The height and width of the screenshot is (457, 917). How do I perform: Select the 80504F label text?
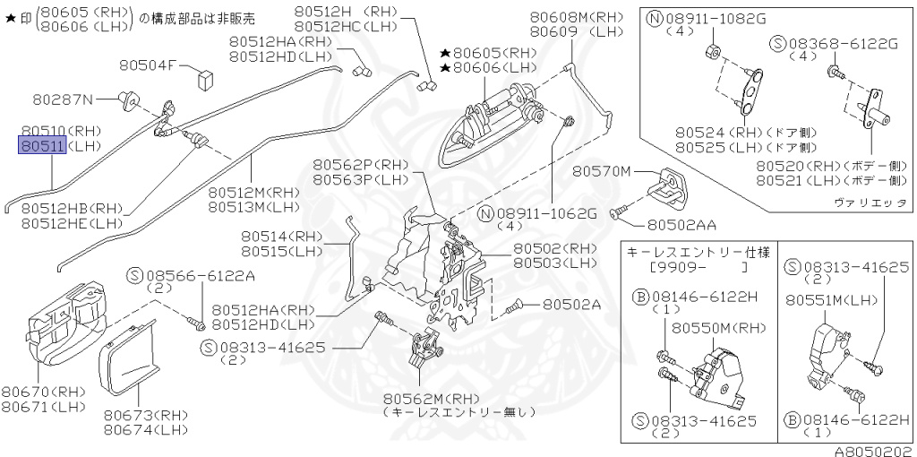click(x=149, y=65)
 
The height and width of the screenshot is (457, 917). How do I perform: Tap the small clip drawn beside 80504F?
click(x=202, y=74)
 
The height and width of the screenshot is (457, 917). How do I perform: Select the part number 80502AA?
click(x=682, y=224)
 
